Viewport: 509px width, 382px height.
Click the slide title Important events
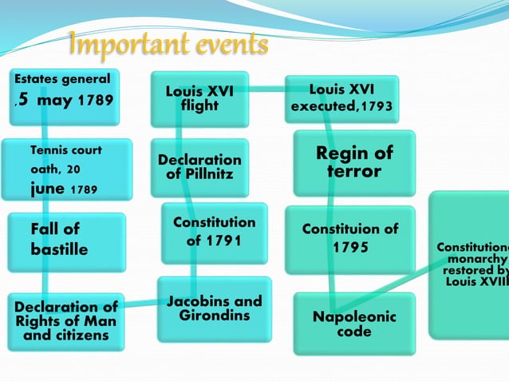pos(168,46)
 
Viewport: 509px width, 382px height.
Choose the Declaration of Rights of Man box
pos(65,320)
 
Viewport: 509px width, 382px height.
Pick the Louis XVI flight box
pos(199,98)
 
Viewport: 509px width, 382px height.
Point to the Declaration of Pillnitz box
pos(199,166)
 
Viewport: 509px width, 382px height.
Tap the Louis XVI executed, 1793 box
pos(341,97)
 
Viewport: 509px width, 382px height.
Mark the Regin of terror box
pos(354,162)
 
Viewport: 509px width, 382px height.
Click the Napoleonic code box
pos(354,324)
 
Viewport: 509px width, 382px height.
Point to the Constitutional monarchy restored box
pos(471,264)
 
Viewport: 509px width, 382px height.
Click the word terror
pos(354,172)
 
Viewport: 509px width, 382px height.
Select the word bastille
pos(59,250)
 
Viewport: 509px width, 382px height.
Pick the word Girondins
pos(214,315)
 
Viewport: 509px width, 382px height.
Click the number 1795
pos(351,248)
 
